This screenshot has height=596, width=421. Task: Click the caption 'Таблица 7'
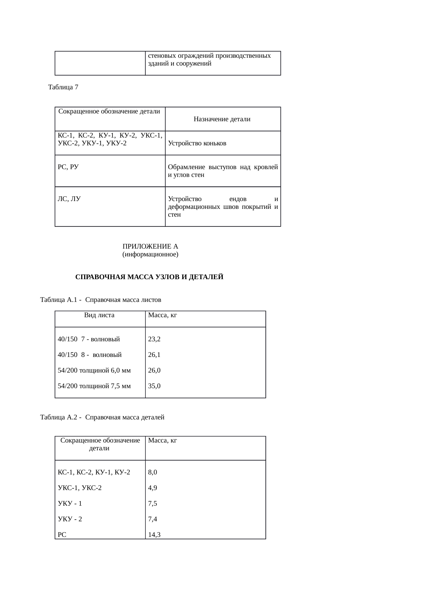pyautogui.click(x=63, y=87)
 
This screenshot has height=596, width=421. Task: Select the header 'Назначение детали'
pyautogui.click(x=222, y=119)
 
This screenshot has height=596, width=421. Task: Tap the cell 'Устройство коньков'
pyautogui.click(x=197, y=143)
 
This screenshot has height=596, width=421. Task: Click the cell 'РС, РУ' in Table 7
pyautogui.click(x=68, y=167)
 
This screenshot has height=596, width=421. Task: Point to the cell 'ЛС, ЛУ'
pyautogui.click(x=69, y=199)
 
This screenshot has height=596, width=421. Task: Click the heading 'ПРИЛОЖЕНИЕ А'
pyautogui.click(x=150, y=246)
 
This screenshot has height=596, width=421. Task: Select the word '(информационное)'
pyautogui.click(x=150, y=254)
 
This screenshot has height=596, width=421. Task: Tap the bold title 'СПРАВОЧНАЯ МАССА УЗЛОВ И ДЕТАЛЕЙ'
pyautogui.click(x=149, y=277)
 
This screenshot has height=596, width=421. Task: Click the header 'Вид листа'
pyautogui.click(x=99, y=315)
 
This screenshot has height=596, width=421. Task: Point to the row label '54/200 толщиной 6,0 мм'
pyautogui.click(x=94, y=370)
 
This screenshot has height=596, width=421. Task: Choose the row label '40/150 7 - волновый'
pyautogui.click(x=89, y=339)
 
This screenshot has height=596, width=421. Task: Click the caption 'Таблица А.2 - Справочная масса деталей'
pyautogui.click(x=102, y=417)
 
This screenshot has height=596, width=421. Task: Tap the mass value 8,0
pyautogui.click(x=152, y=472)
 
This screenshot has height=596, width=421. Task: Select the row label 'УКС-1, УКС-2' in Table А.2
pyautogui.click(x=79, y=488)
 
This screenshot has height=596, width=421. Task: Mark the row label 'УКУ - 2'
pyautogui.click(x=70, y=519)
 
